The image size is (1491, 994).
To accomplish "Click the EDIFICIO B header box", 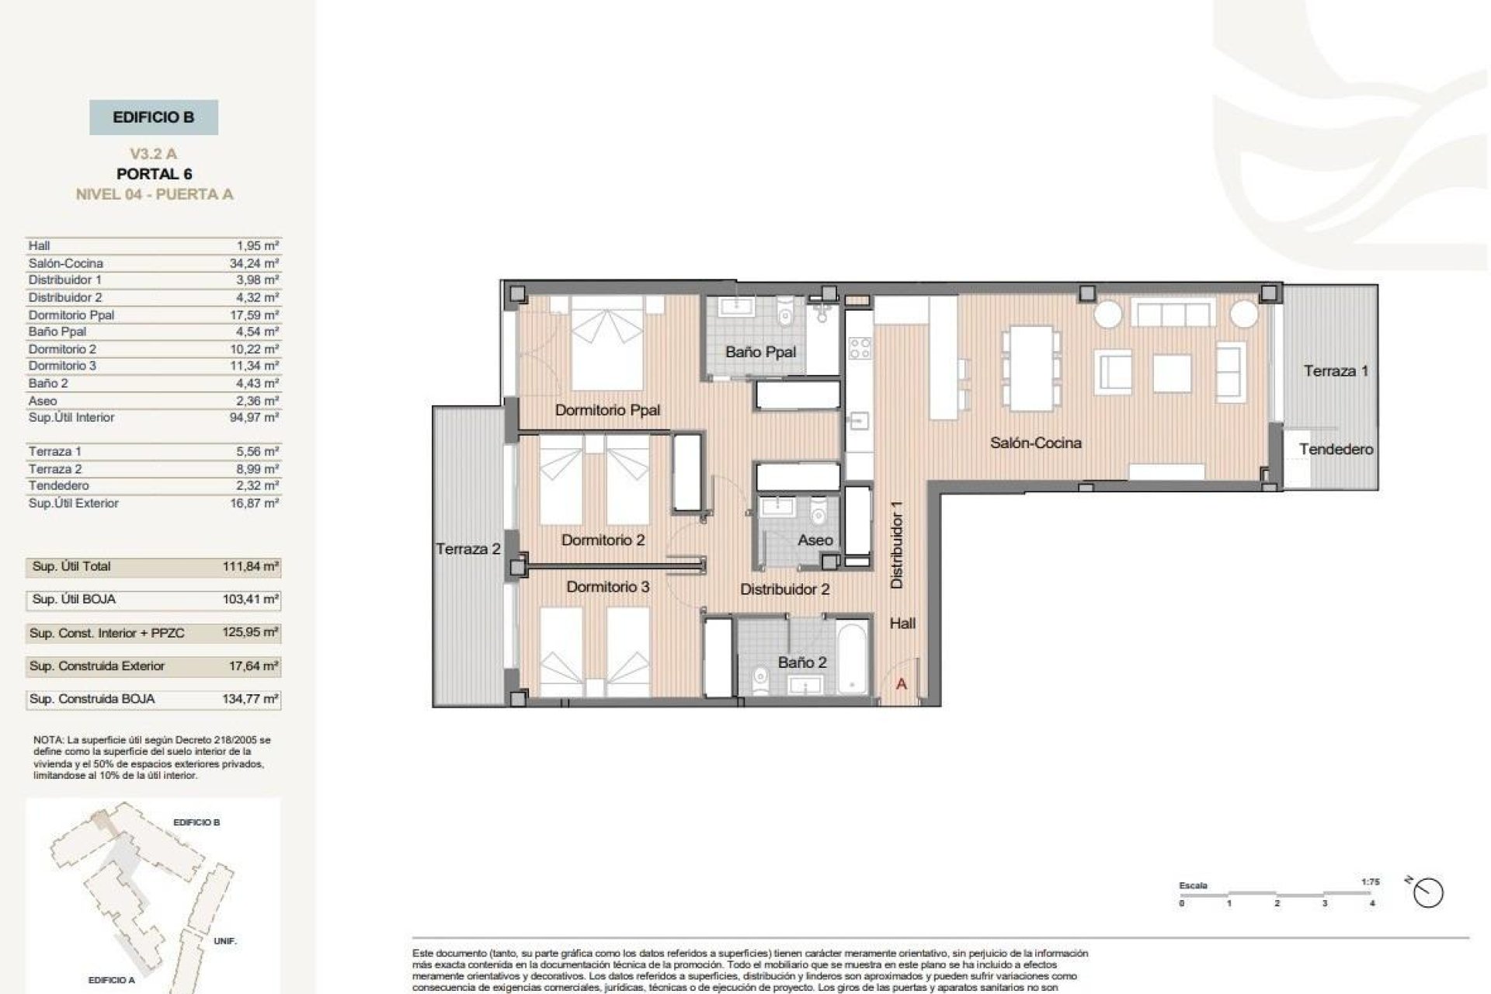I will click(x=153, y=117).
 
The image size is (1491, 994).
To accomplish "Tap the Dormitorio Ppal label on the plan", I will click(x=607, y=410).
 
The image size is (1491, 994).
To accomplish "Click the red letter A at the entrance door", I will click(x=902, y=684).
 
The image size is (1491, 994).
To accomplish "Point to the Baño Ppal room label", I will click(x=760, y=352).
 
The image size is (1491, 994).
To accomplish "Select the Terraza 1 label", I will click(x=1336, y=371).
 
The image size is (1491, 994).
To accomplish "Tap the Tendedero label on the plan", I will click(x=1336, y=449).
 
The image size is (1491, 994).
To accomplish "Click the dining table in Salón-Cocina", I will click(x=1030, y=367).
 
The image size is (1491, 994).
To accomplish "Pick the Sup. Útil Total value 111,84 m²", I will click(x=250, y=567).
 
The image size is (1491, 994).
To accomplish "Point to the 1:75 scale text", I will click(x=1370, y=882).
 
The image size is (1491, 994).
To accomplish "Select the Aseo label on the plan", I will click(x=815, y=540).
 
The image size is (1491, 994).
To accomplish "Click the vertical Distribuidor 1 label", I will click(x=897, y=544).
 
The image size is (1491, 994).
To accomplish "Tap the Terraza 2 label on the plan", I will click(x=467, y=549).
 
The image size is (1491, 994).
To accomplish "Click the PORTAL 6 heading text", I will click(x=154, y=174).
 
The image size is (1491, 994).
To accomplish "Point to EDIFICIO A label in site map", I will click(x=111, y=980).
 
